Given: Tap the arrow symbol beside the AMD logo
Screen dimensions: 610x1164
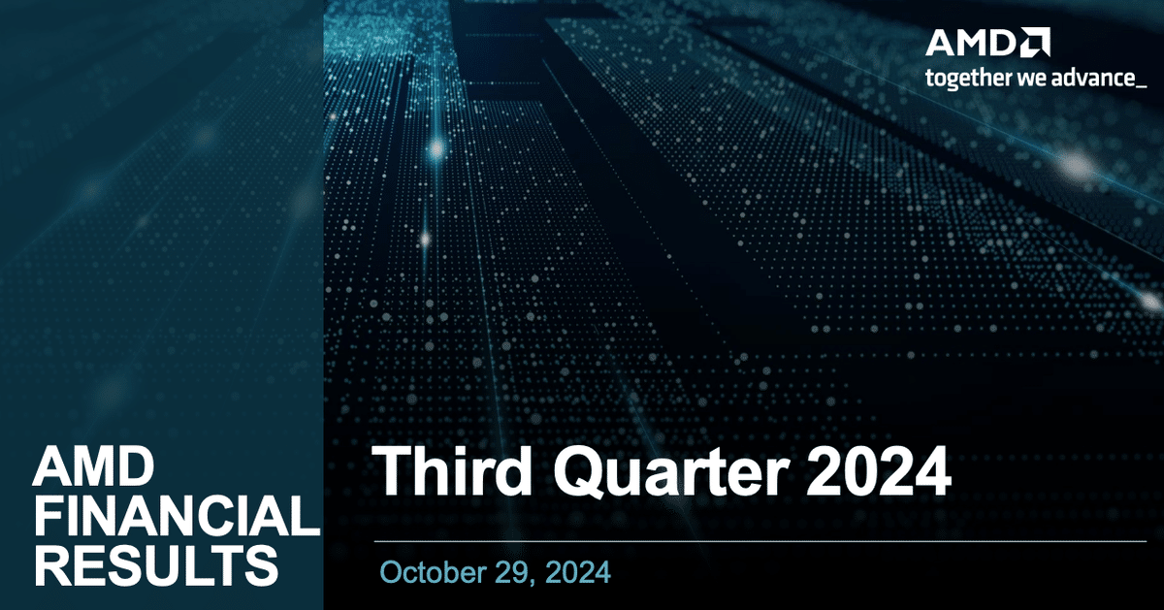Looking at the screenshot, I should pos(1034,43).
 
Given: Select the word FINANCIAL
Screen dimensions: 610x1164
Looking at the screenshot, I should pos(175,518).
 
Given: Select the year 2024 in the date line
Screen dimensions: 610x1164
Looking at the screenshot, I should pos(579,572).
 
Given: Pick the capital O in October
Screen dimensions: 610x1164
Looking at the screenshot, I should pos(392,572).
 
